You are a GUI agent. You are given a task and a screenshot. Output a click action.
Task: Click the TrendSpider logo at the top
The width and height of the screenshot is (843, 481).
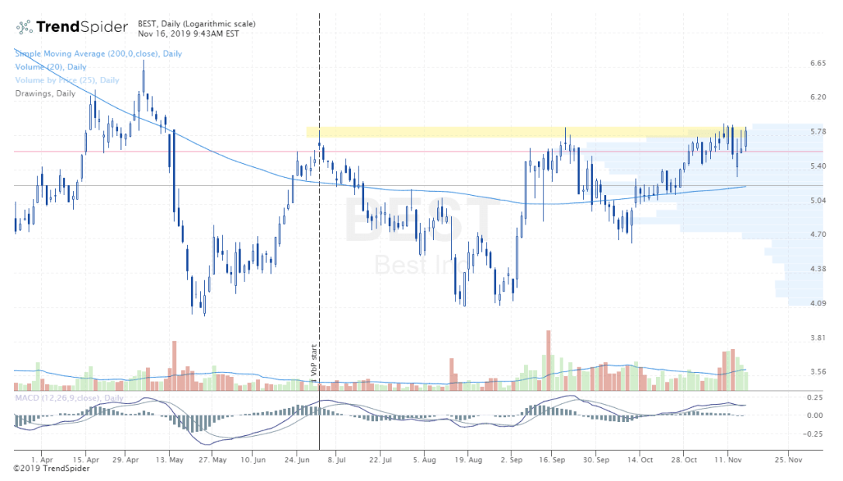point(72,27)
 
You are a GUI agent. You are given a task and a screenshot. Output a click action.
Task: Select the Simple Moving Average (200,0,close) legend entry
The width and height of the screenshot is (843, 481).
point(99,54)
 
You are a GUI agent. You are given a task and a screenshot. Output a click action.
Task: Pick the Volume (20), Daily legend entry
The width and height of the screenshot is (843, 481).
point(50,67)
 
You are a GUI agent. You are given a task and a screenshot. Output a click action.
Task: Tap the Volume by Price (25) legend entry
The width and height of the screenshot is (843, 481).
point(68,80)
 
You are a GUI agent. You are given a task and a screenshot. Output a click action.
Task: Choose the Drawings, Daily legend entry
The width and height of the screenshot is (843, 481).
point(46,93)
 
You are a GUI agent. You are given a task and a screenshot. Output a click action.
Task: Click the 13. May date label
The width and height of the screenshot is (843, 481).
point(169,460)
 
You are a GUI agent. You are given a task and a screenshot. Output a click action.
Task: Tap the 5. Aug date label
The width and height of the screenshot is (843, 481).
point(425,460)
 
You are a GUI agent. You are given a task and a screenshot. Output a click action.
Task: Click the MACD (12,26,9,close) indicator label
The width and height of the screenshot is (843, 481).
point(68,398)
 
